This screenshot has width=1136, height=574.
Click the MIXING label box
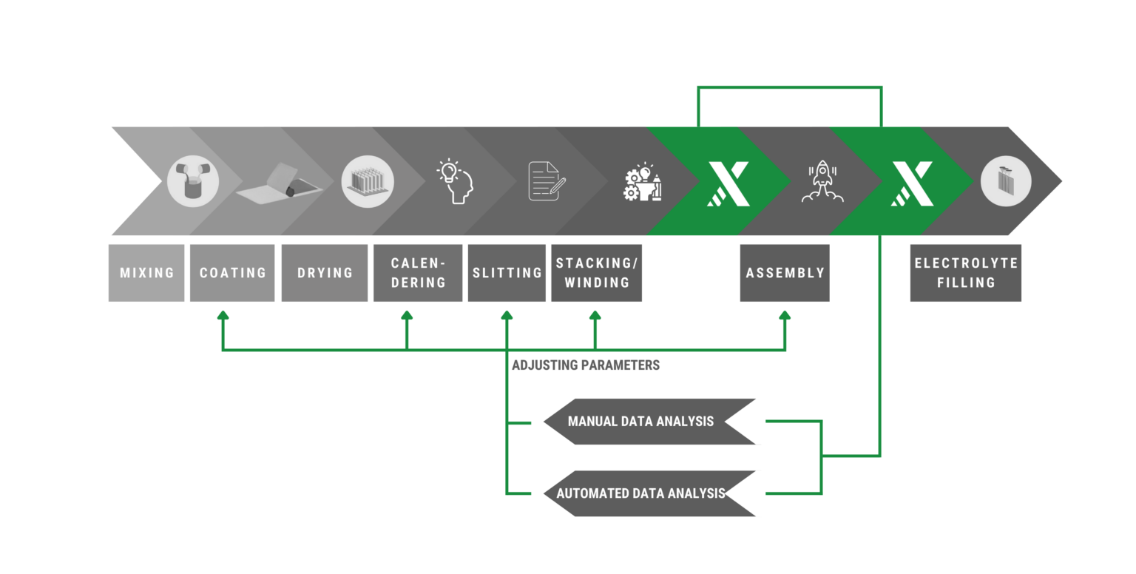point(146,273)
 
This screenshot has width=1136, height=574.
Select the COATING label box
point(232,273)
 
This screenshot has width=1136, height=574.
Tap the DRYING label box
point(325,273)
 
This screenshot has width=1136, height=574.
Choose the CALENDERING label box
point(418,273)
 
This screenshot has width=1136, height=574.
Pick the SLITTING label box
point(507,273)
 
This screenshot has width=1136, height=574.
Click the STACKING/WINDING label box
point(596,273)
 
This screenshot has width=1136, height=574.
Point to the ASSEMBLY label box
point(785,273)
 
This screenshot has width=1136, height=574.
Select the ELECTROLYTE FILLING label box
point(966,273)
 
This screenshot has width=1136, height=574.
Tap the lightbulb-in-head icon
point(456,181)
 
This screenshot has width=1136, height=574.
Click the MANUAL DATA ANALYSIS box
point(640,422)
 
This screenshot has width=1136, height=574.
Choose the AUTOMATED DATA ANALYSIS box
point(640,493)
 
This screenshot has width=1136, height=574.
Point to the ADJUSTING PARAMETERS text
point(586,365)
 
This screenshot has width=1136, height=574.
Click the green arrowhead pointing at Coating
point(223,315)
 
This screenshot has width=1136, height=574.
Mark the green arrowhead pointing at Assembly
point(785,315)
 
